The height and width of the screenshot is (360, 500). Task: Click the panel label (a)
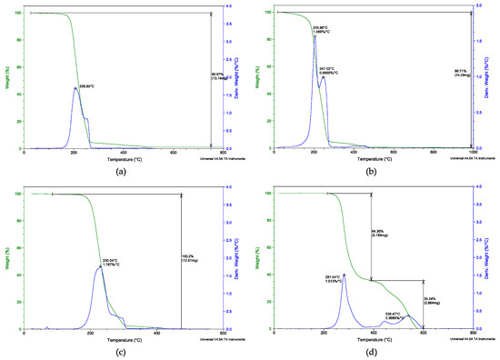coord(123,170)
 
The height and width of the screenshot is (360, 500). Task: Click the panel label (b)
coord(372,170)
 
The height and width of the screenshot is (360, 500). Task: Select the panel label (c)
coord(123,351)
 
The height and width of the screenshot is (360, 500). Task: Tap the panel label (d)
coord(372,351)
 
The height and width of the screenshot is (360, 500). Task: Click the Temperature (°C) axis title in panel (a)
coord(123,160)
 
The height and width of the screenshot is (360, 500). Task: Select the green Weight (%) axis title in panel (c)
coord(7,259)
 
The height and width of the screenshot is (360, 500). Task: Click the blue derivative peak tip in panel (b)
coord(314,61)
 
